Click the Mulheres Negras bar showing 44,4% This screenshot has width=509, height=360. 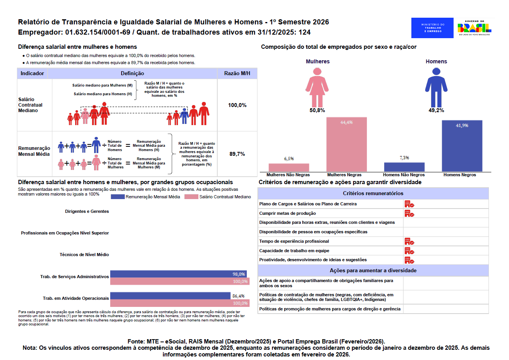(346, 144)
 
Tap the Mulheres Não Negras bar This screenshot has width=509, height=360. (289, 167)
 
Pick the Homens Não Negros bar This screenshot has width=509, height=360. (404, 167)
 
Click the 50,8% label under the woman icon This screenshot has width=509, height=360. (317, 111)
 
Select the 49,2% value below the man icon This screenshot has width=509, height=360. (436, 111)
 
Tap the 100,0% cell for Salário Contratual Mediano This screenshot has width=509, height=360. (237, 105)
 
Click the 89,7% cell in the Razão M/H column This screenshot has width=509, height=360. (237, 154)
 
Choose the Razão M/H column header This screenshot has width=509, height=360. (237, 74)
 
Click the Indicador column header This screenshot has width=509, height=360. (32, 74)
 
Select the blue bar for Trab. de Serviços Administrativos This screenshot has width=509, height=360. (178, 274)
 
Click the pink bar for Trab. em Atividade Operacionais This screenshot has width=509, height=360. (179, 303)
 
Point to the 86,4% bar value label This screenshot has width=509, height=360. (239, 296)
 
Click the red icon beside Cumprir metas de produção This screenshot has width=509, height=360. (409, 213)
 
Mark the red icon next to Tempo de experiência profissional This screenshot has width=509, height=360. (409, 241)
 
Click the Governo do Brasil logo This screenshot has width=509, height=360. (474, 28)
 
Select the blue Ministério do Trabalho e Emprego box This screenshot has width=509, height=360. (433, 28)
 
